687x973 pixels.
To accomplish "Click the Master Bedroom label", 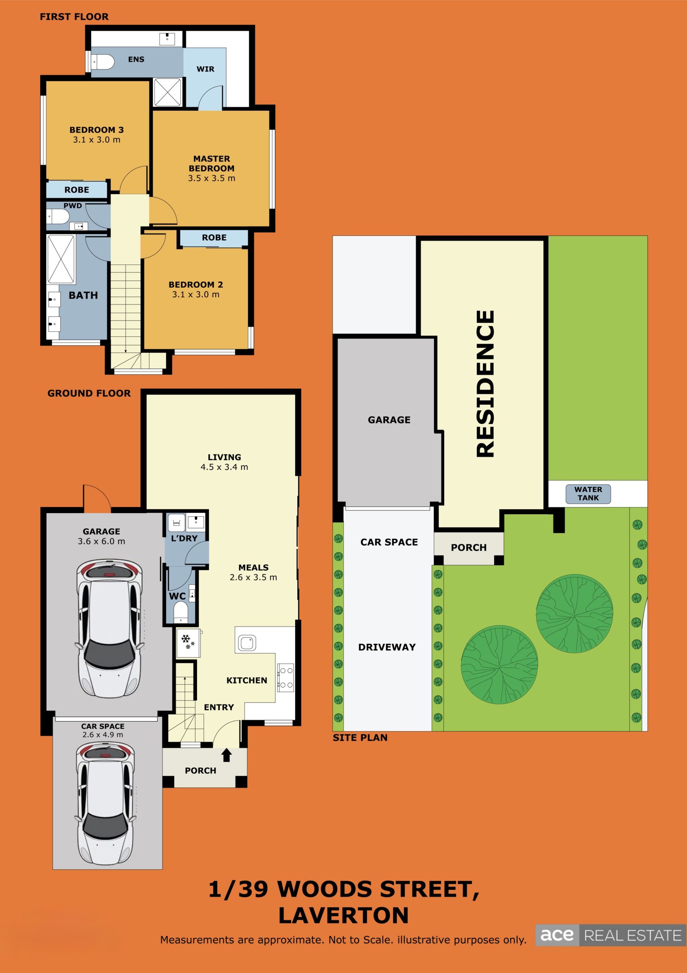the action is [212, 163].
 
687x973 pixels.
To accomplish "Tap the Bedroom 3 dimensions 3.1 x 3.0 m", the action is [96, 140].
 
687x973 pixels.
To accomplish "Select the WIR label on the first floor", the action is [205, 69].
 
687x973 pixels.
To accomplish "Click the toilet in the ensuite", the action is [103, 62].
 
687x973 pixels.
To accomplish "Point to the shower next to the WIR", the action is [167, 92].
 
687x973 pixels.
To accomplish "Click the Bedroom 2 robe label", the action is [214, 238].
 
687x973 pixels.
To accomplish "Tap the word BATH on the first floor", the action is [84, 295].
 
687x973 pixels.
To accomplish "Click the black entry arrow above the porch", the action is [227, 755].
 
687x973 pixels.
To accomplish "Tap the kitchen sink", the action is [247, 643].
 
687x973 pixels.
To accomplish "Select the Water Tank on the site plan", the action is [588, 494].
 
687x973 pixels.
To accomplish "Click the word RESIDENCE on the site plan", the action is [485, 384].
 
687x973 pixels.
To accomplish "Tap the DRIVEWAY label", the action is [387, 647].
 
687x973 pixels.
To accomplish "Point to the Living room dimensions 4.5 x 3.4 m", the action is [224, 467].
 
